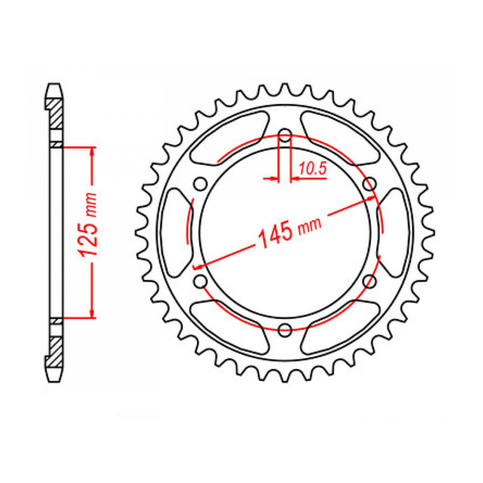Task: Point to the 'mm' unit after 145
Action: click(x=310, y=225)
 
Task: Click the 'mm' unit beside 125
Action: click(x=91, y=204)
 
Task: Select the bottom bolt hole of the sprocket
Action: click(x=285, y=330)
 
